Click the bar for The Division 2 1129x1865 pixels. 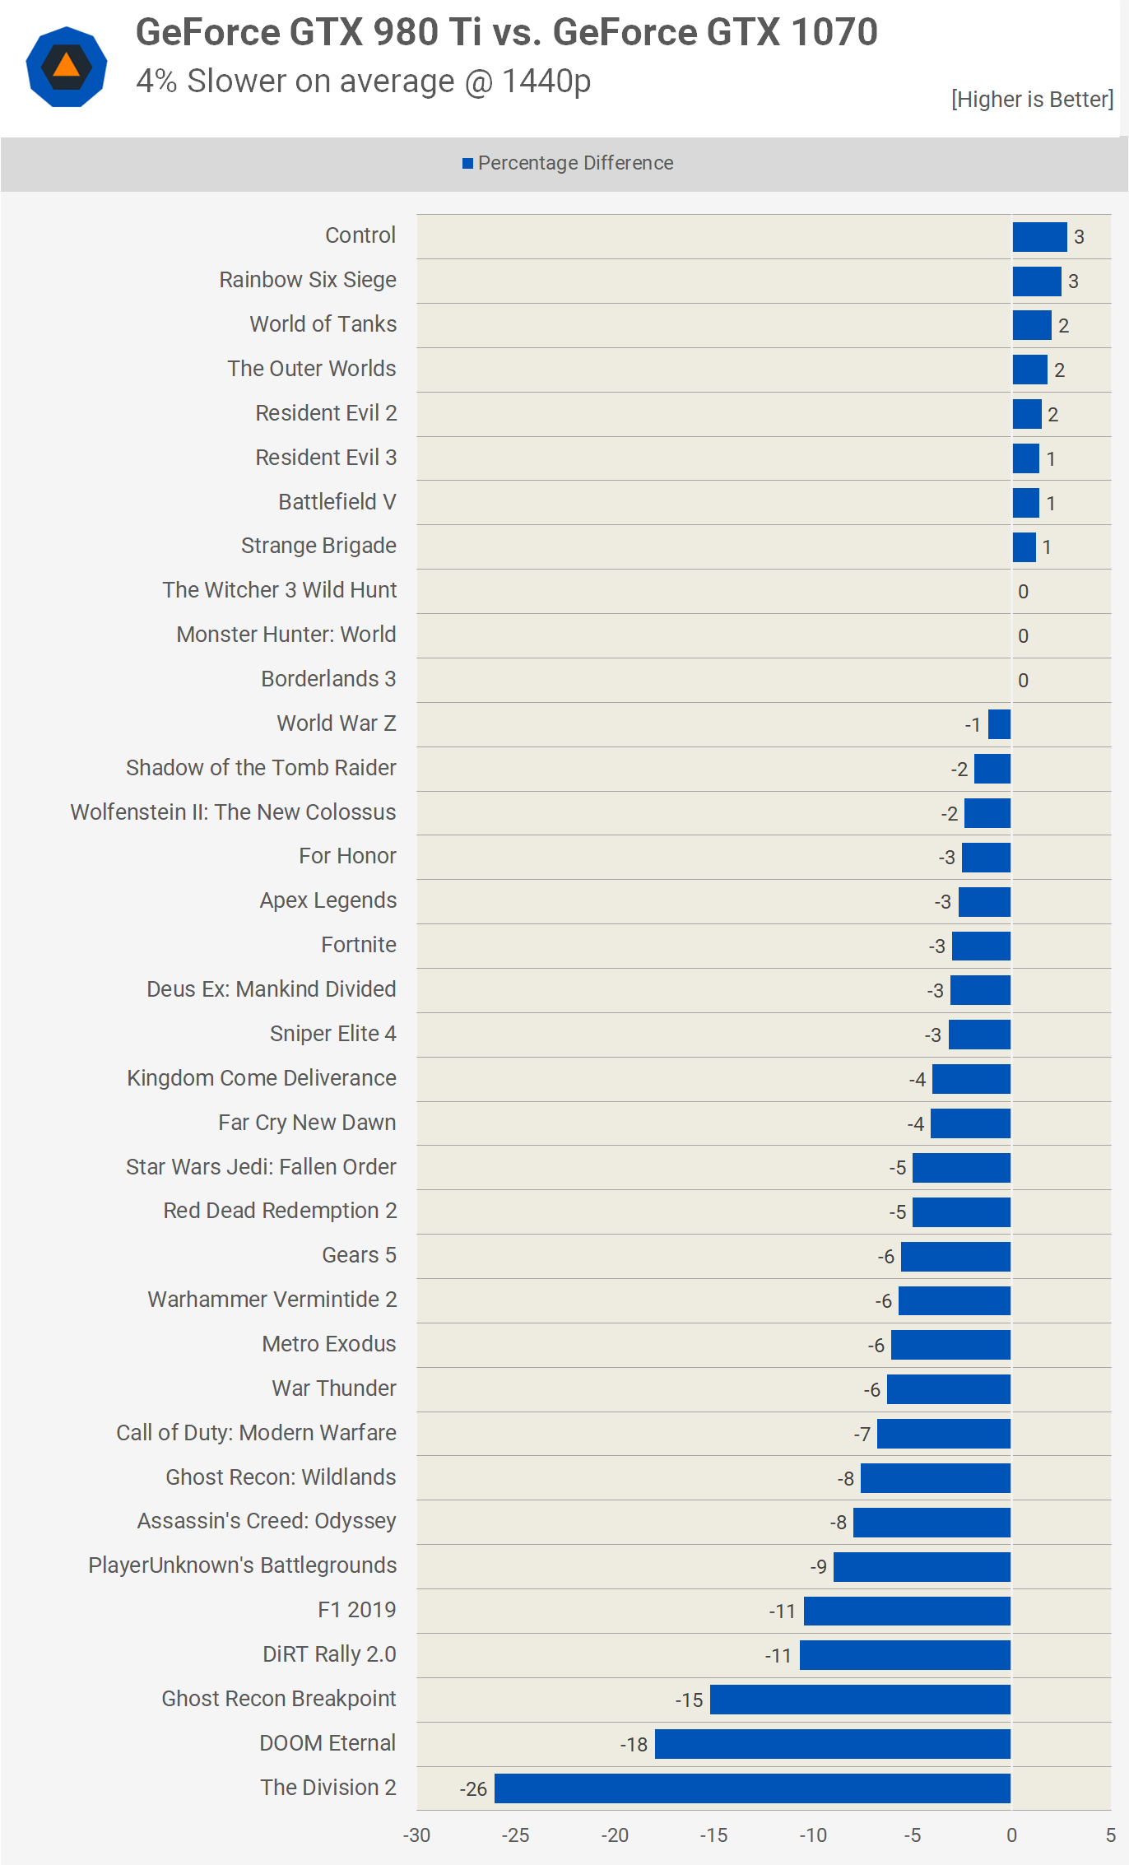752,1788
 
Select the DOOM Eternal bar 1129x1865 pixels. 832,1744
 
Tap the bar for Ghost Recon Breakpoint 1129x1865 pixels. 860,1700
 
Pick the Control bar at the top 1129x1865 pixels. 1039,237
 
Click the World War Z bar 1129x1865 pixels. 999,724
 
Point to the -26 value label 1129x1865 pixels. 473,1789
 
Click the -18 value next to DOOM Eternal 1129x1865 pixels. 634,1745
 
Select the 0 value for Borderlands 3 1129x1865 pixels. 1023,681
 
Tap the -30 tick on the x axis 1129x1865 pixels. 416,1835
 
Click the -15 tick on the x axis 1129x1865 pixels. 713,1835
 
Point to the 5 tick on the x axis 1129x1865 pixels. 1110,1835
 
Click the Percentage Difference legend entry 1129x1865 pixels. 568,163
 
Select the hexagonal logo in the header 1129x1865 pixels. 67,67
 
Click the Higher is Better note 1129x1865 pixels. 1032,100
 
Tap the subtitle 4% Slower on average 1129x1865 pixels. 363,81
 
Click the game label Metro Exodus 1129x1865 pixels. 328,1344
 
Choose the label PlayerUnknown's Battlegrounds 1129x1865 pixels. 243,1565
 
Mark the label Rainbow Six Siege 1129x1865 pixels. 307,280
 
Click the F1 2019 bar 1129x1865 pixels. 907,1611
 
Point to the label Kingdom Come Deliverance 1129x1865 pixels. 262,1078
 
